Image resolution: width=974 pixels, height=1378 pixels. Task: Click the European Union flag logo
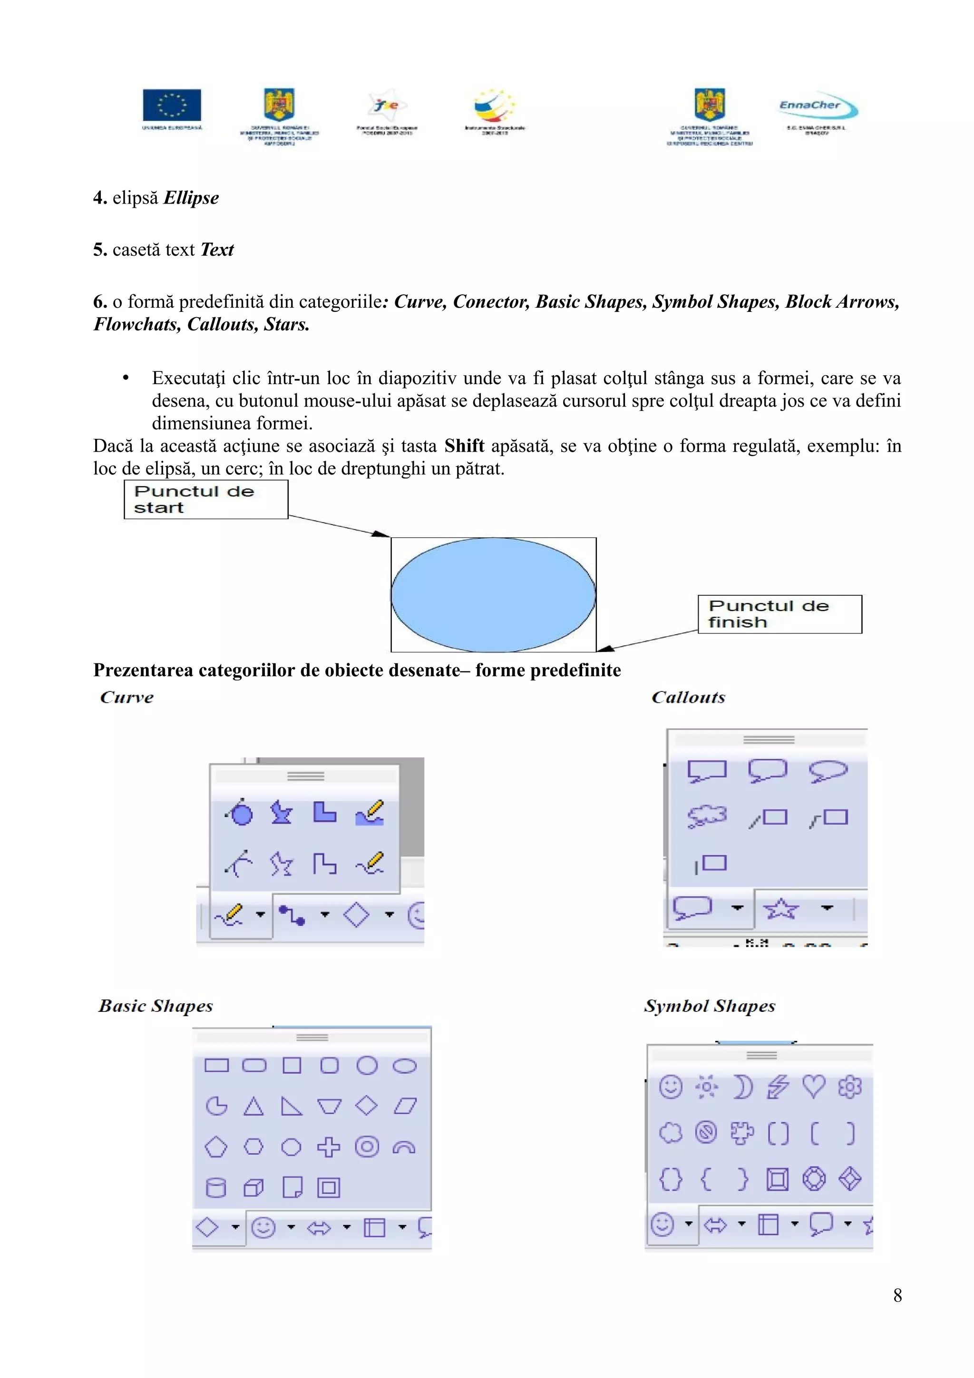(172, 105)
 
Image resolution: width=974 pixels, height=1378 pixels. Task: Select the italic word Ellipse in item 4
(191, 198)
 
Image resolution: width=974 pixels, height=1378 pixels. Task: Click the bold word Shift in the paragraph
(464, 446)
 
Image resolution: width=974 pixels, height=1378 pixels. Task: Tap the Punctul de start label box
(205, 499)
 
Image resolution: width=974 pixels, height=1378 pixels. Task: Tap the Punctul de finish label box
(779, 614)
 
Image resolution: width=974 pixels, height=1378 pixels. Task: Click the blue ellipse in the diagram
(493, 594)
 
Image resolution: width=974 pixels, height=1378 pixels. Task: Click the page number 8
(897, 1295)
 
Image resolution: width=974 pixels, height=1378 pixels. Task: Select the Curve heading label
(127, 698)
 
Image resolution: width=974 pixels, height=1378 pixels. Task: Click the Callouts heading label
(688, 698)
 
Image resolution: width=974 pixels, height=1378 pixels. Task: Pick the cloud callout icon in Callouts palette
(707, 817)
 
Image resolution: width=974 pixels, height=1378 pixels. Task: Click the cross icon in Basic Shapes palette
(328, 1147)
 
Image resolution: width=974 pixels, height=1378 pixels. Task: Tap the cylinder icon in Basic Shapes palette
(216, 1187)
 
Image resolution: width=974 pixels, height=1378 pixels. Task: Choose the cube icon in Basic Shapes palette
(254, 1187)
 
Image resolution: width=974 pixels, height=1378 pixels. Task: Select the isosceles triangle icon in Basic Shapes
(253, 1106)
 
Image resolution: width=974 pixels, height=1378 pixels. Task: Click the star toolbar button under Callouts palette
(781, 909)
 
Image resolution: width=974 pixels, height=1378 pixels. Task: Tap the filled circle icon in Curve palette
(241, 813)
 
